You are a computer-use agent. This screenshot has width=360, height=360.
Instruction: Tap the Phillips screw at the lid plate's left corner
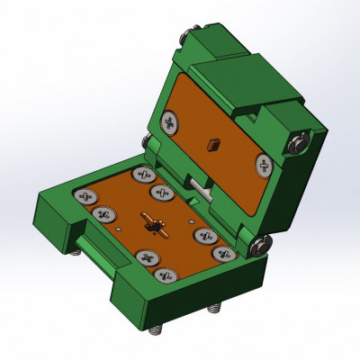(168, 121)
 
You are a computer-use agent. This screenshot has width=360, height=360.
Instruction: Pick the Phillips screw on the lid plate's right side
(264, 164)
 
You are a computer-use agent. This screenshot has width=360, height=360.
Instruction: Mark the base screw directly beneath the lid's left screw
(141, 174)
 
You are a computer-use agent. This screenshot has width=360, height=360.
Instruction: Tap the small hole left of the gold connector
(120, 229)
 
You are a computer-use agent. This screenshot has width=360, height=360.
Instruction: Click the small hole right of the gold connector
(192, 216)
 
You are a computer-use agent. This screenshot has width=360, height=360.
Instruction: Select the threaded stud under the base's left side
(79, 253)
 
